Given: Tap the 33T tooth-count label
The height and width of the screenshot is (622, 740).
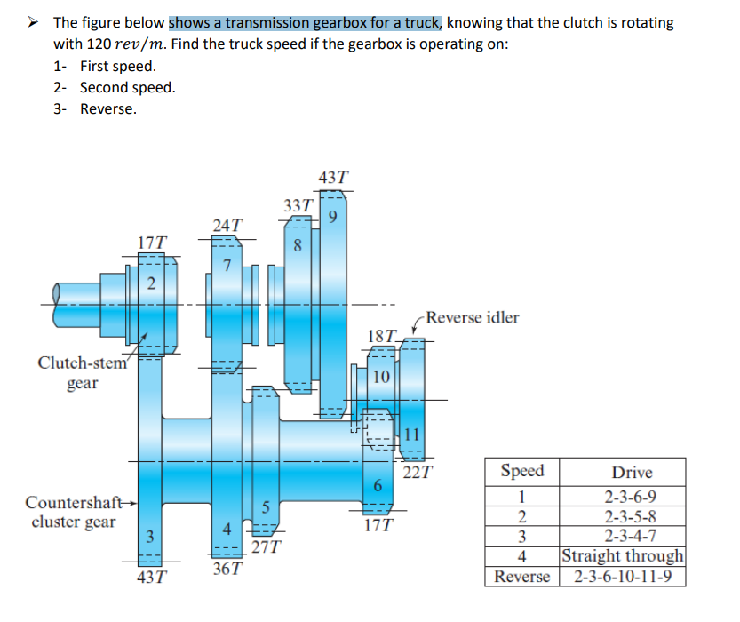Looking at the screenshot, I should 298,206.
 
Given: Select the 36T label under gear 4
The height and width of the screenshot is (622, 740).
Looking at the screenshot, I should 227,568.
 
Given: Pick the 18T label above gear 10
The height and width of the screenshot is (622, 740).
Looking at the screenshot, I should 382,335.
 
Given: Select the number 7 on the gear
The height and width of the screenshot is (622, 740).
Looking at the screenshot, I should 227,265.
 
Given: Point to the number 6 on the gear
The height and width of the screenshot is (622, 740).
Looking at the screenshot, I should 378,485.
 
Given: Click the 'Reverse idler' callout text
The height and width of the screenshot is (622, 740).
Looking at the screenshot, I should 472,317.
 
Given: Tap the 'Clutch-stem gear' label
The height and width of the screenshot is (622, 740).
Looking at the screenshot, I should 83,372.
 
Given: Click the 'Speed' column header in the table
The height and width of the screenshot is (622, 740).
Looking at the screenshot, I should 522,471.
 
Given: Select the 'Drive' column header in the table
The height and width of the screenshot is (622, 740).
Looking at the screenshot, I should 632,472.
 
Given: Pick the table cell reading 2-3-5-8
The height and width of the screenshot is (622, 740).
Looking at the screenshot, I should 632,516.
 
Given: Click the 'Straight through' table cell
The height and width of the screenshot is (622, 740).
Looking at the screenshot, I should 623,555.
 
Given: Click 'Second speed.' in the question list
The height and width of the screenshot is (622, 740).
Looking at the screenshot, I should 127,87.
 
